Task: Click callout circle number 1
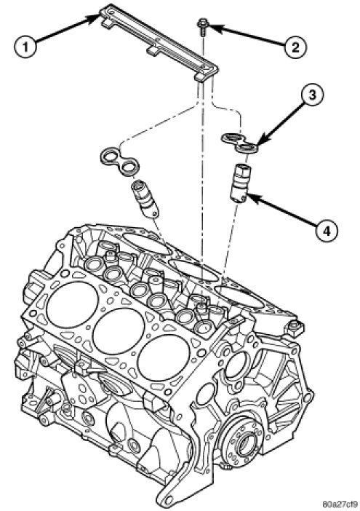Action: [x=25, y=47]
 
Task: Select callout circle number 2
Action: [x=295, y=47]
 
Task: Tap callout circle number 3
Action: [x=312, y=95]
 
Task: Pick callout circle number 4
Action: [x=327, y=231]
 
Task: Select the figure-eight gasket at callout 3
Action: [x=240, y=143]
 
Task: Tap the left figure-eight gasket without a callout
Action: [x=119, y=162]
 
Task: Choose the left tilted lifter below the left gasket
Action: [x=145, y=199]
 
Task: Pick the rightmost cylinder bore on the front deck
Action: [x=164, y=358]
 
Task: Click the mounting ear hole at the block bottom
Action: [x=167, y=500]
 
